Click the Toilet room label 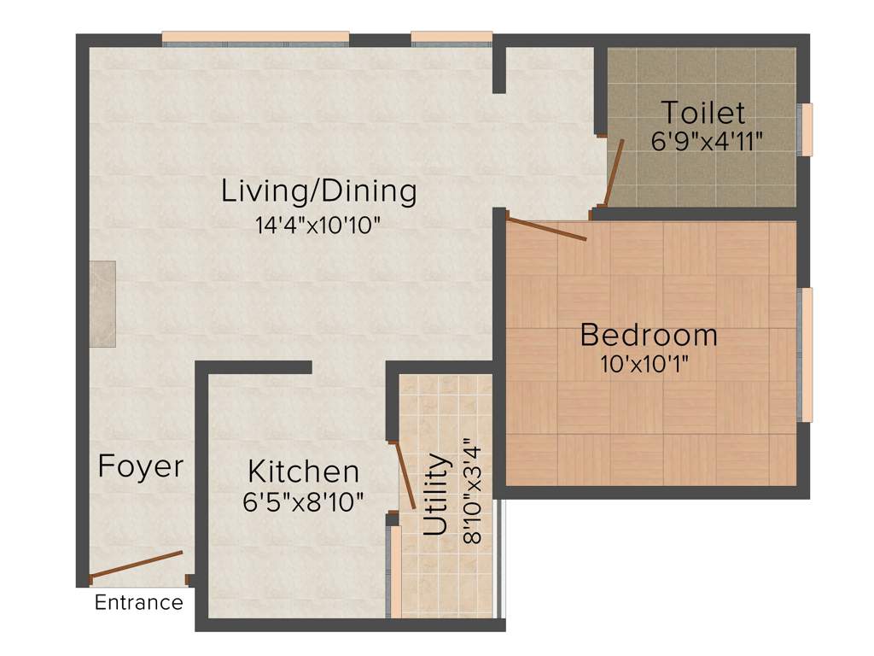[703, 113]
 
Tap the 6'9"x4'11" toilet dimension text [707, 141]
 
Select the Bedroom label [649, 335]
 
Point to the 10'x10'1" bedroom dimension [644, 365]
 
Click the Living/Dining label [318, 190]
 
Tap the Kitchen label [303, 471]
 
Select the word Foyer [140, 466]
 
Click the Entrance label [138, 602]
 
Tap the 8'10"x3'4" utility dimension [472, 491]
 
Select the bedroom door [546, 229]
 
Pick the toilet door [614, 171]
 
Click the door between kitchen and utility [405, 475]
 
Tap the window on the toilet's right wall [805, 130]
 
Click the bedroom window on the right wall [805, 354]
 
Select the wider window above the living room [255, 38]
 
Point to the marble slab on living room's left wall [103, 304]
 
